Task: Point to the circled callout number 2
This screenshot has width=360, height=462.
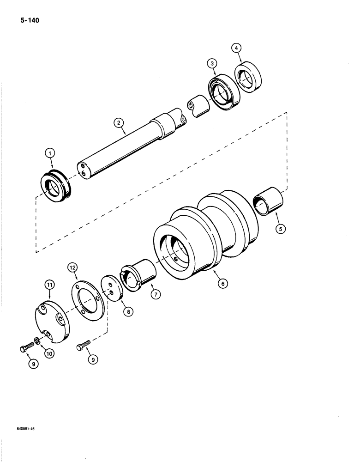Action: (x=119, y=122)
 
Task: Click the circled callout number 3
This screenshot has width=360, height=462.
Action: (x=212, y=64)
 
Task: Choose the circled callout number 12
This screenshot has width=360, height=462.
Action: (x=73, y=267)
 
